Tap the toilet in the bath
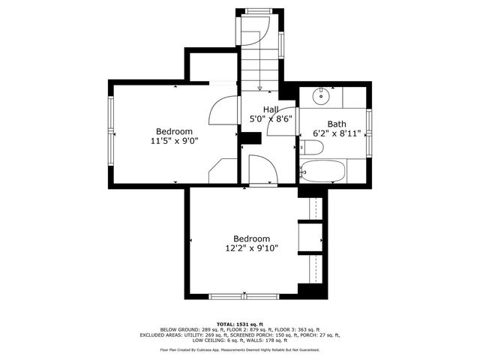click(x=310, y=149)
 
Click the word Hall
click(x=270, y=109)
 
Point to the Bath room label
click(x=336, y=124)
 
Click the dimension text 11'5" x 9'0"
click(x=174, y=139)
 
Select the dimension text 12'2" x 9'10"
click(x=251, y=248)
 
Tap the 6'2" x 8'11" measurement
click(x=337, y=133)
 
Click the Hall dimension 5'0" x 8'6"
click(x=270, y=118)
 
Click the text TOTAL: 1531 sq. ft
click(x=240, y=322)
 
